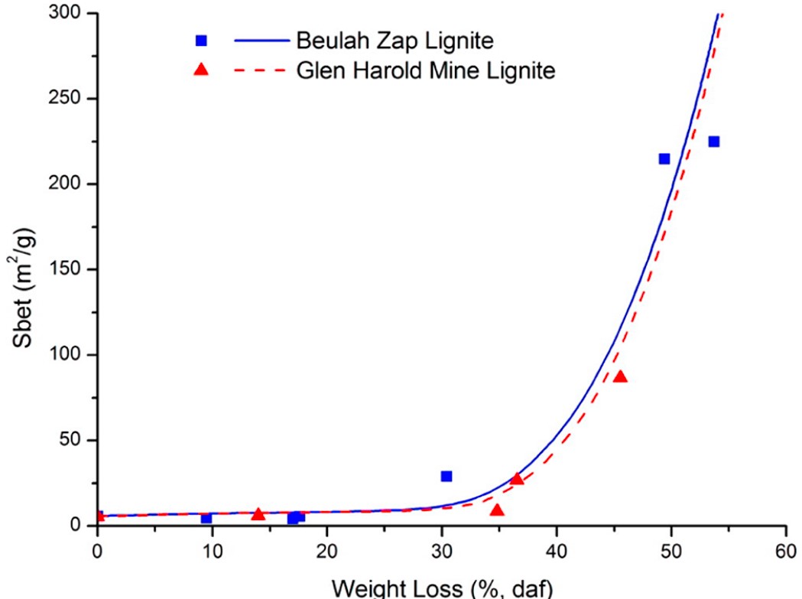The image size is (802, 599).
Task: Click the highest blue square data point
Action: [713, 142]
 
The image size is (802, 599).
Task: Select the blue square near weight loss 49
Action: [664, 158]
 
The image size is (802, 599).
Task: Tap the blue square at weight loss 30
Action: [446, 476]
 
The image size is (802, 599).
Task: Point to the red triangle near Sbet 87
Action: [620, 376]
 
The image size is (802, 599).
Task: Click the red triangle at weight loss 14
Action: [258, 514]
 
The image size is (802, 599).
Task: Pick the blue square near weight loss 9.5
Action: [206, 518]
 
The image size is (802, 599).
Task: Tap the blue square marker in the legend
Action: [201, 41]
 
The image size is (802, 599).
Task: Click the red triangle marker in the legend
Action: [201, 70]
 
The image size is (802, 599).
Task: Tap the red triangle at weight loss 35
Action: [497, 510]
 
